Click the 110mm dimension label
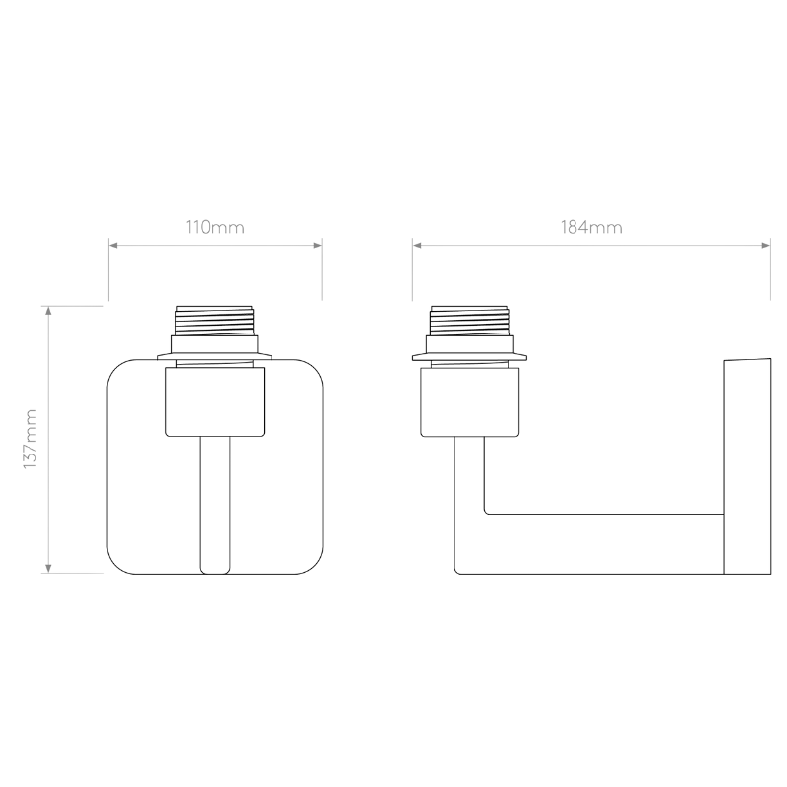(214, 228)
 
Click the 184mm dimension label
(591, 228)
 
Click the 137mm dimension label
(30, 439)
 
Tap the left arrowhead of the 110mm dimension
(113, 245)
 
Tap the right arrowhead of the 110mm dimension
(317, 245)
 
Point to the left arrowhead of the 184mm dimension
(417, 245)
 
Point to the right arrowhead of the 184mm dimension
(766, 245)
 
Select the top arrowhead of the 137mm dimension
(48, 311)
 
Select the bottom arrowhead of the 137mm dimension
(48, 569)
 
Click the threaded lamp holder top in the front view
(214, 321)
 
